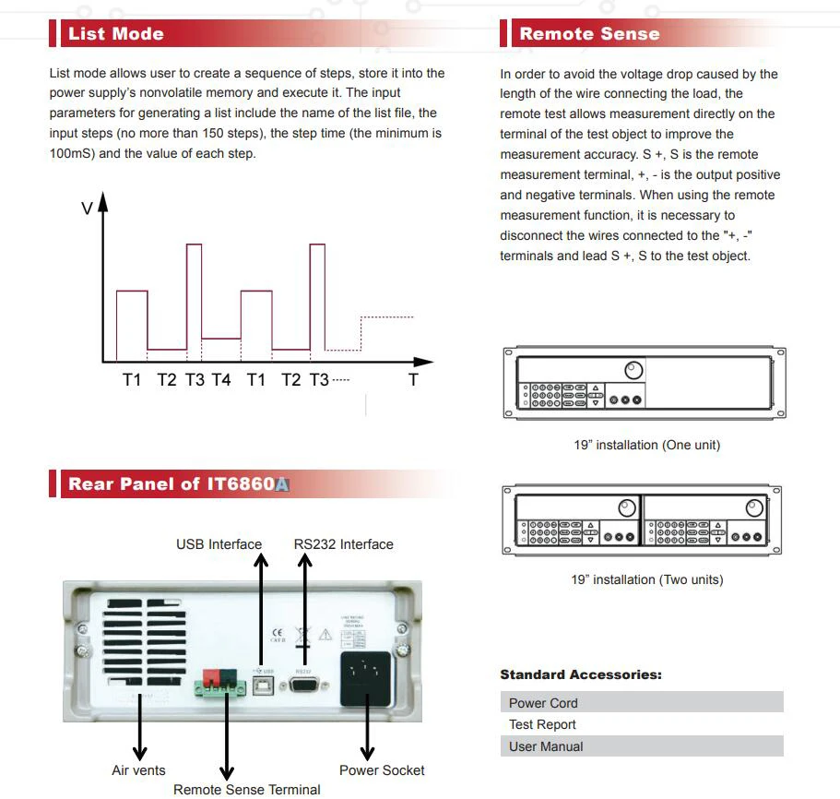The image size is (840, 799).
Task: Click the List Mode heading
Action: pos(116,34)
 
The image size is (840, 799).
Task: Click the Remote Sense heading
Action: pos(589,34)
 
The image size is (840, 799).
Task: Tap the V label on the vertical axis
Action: pos(87,209)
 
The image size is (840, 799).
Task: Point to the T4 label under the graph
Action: pos(221,379)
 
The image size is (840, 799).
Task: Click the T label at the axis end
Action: pos(413,379)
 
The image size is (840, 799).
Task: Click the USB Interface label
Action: pos(219,544)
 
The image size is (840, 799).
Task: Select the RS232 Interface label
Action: pos(343,544)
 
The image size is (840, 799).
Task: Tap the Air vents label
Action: pos(138,770)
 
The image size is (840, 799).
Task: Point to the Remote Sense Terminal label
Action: pos(247,790)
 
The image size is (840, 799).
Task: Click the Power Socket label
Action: pos(382,770)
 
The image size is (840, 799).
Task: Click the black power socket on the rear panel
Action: pos(367,678)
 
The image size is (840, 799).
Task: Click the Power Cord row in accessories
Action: pos(641,702)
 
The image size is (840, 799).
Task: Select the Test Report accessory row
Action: pos(641,724)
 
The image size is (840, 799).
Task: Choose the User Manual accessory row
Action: pos(641,746)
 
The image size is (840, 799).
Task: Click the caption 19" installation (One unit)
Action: pos(646,445)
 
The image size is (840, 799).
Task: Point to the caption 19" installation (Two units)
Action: pos(646,579)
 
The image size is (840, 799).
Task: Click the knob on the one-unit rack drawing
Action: pos(633,371)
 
